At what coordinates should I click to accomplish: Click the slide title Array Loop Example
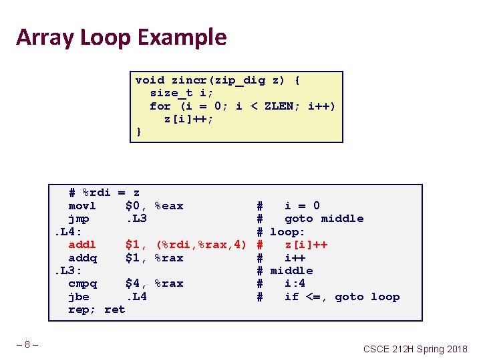(121, 37)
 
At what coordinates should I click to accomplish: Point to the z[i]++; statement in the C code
(189, 119)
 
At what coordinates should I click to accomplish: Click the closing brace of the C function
(138, 132)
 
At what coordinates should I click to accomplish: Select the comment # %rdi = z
(104, 193)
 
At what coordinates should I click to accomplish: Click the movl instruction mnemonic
(82, 206)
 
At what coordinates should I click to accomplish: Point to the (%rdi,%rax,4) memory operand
(202, 245)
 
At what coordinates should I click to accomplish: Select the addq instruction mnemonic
(82, 257)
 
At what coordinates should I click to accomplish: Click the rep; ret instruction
(96, 310)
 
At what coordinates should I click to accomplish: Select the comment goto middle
(324, 219)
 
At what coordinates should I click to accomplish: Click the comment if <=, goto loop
(341, 297)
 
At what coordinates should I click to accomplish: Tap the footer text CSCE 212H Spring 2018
(415, 349)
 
